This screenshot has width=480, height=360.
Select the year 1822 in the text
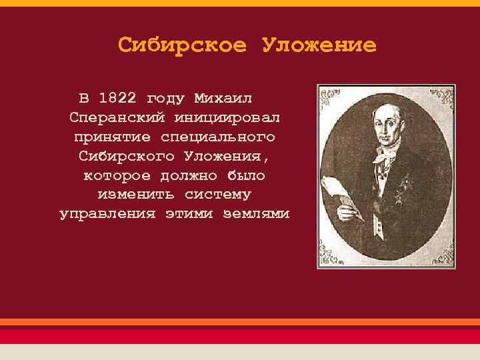point(117,98)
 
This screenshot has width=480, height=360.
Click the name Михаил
point(223,98)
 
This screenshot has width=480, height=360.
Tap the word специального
point(217,137)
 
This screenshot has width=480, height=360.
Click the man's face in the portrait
point(389,130)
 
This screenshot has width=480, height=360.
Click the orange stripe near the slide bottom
point(240,321)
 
